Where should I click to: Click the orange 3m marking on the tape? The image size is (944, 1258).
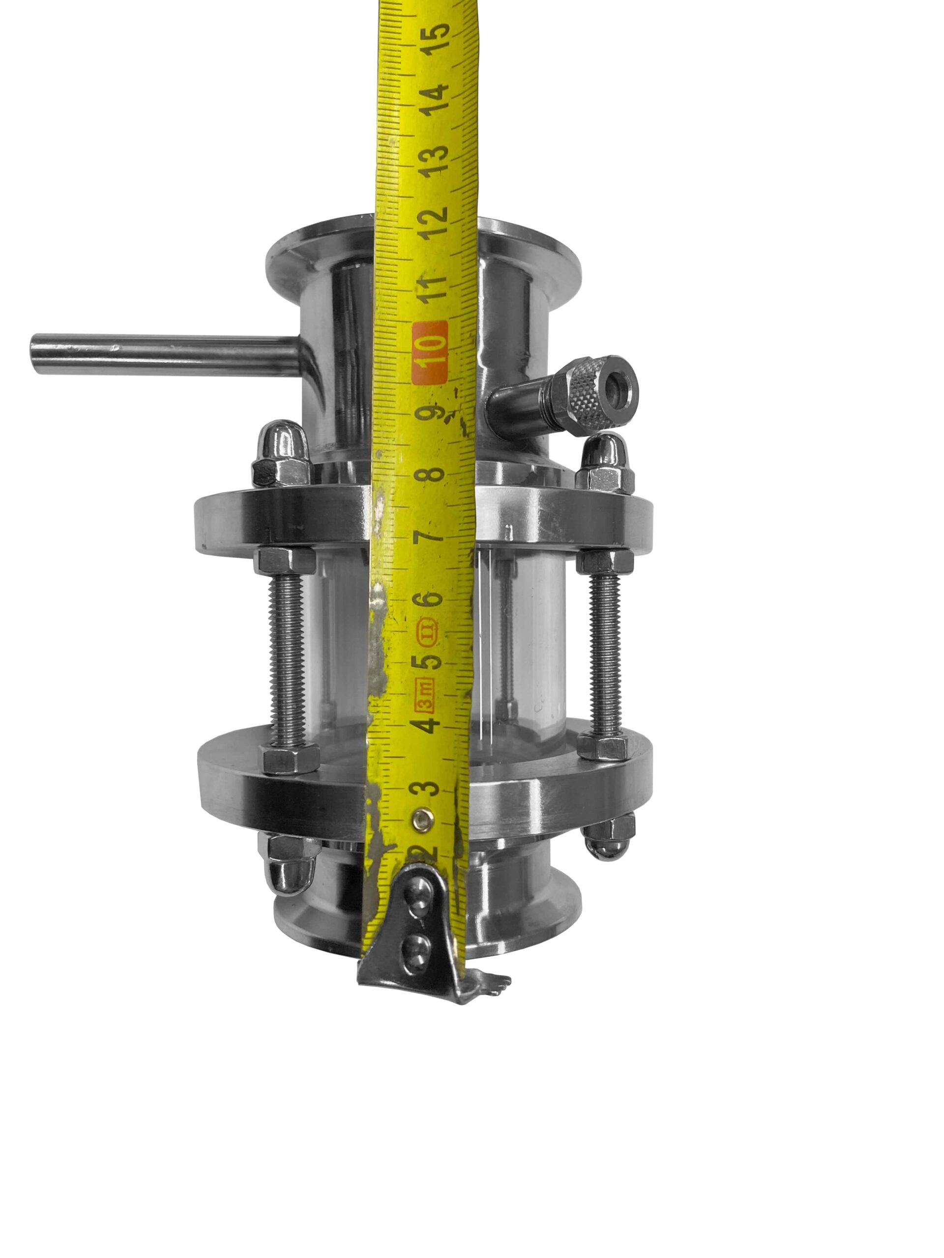tap(426, 695)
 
